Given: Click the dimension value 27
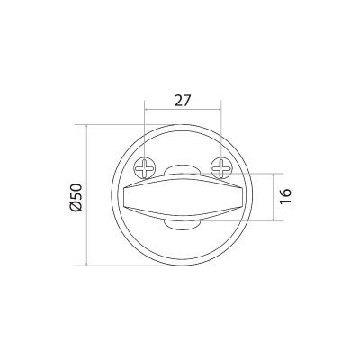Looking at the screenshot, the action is [x=183, y=101].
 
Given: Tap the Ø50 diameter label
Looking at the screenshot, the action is [x=76, y=197].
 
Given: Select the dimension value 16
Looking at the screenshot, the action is [x=285, y=196].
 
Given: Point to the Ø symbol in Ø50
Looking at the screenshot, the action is [x=76, y=206].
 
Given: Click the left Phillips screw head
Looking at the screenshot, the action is [x=145, y=167].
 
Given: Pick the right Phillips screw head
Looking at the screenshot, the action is [x=221, y=167].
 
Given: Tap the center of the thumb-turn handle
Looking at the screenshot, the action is [x=183, y=197].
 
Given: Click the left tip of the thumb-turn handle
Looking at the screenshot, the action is [x=124, y=197].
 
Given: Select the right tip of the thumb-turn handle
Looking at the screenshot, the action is [x=243, y=197].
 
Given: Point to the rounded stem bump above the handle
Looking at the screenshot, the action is [x=183, y=170].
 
